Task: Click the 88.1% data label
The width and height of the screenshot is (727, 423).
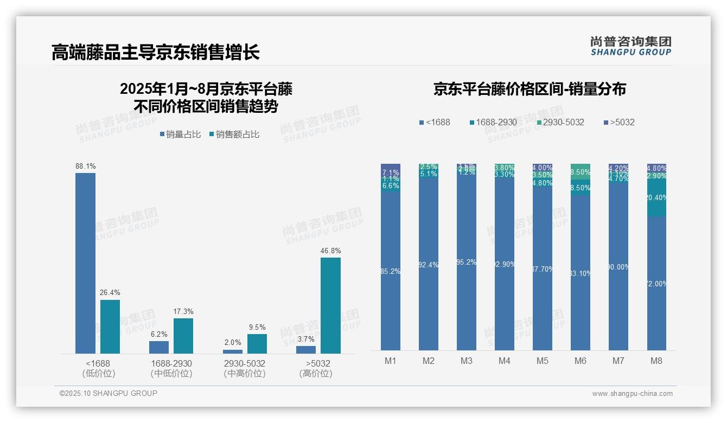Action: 85,166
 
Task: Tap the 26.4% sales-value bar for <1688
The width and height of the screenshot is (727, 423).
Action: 110,326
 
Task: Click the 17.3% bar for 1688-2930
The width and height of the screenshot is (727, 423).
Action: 183,336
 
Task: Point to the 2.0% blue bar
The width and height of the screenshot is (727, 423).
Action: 233,351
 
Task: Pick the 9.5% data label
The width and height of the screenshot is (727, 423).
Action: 257,327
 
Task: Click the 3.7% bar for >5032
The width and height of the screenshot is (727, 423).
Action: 306,350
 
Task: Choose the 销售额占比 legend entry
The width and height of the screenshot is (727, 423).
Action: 234,134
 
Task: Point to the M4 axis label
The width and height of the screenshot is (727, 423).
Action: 505,361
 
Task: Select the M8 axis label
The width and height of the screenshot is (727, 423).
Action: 656,361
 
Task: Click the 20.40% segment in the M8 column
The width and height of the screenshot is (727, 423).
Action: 656,198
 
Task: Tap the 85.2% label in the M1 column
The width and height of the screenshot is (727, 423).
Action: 391,271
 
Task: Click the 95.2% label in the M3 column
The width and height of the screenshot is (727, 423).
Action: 467,262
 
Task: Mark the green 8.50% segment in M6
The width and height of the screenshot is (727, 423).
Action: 581,172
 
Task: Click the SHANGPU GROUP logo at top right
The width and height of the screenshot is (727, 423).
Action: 630,46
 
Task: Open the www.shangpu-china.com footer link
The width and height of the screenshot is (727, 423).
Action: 632,394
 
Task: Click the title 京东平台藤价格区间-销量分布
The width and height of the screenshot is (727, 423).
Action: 530,89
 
